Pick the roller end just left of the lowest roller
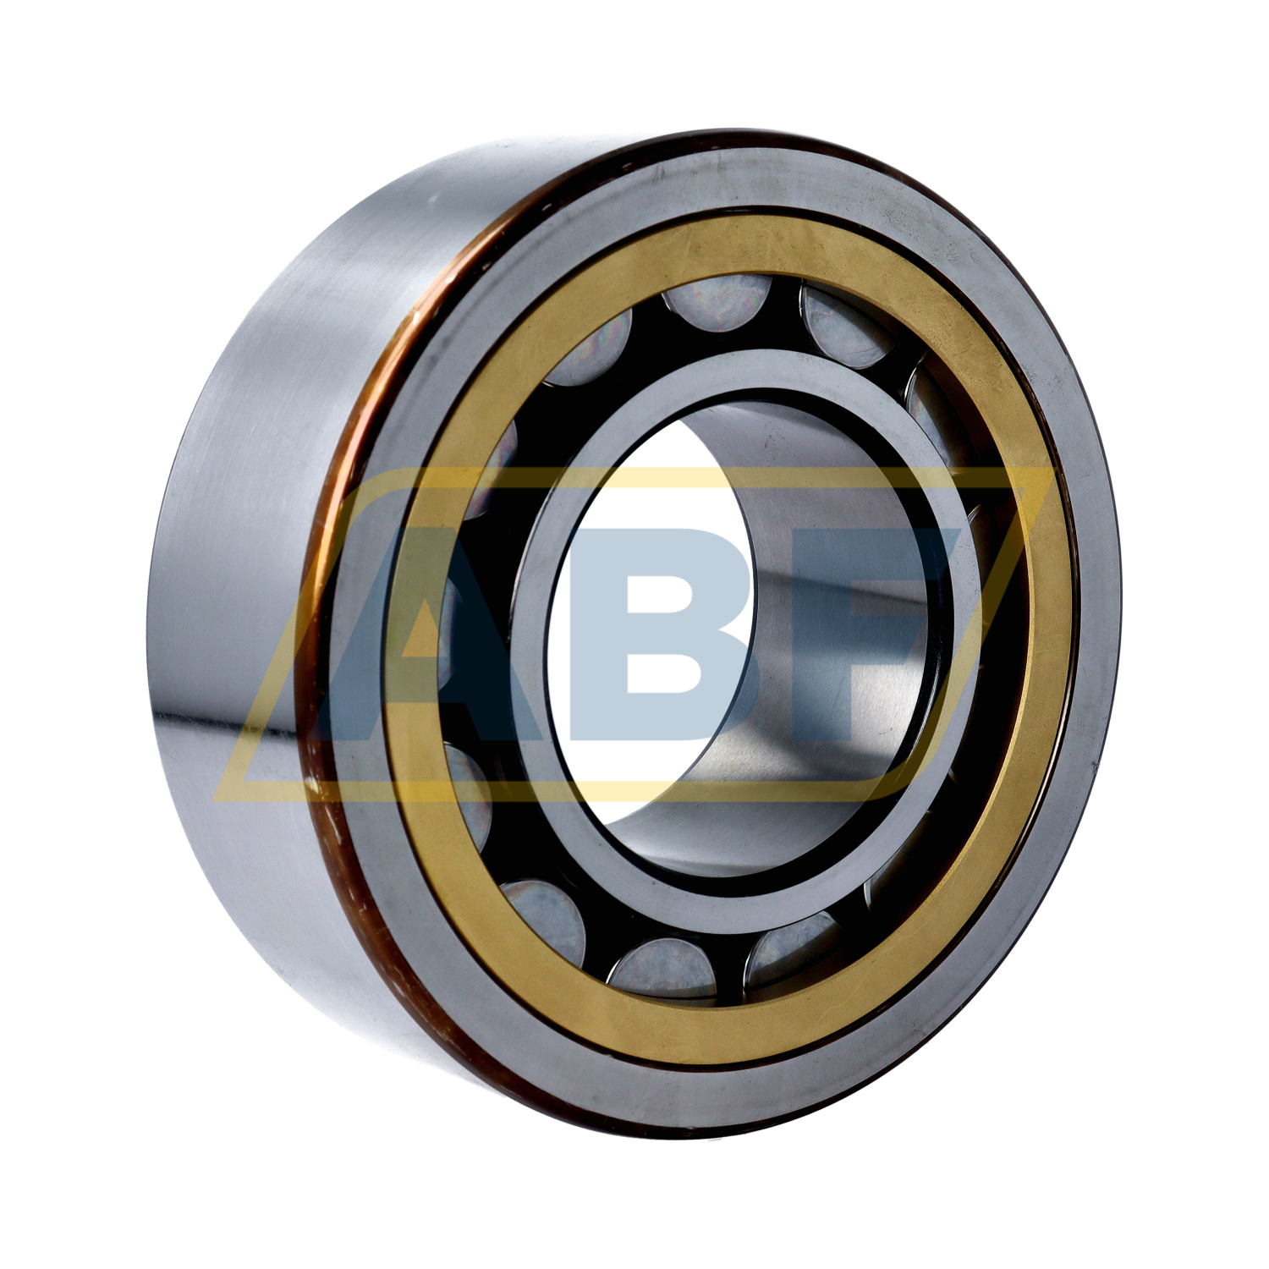541,918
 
